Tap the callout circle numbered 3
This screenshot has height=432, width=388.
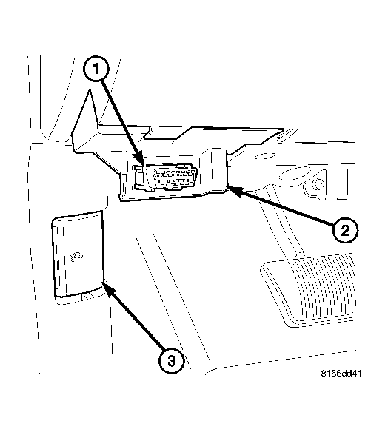[171, 361]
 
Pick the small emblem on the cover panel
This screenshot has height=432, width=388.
[75, 257]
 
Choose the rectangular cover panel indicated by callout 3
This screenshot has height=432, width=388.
[77, 255]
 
